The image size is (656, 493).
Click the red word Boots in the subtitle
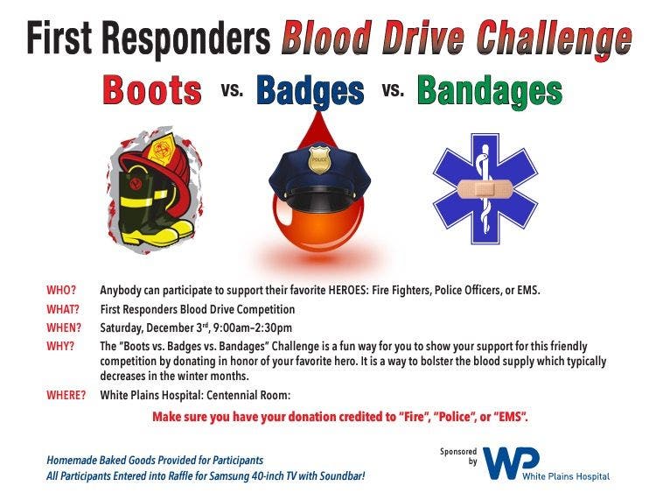152,90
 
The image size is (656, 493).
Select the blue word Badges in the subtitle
310,91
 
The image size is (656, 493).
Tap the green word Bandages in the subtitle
490,91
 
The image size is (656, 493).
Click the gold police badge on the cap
319,160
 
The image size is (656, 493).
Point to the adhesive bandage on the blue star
485,189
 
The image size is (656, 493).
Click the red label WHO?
61,290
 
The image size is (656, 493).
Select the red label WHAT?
63,309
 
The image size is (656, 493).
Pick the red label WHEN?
64,327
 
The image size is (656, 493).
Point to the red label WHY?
60,347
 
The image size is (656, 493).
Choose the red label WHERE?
66,395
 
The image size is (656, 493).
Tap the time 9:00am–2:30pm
253,327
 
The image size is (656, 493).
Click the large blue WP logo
511,462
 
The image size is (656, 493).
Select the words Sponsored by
458,456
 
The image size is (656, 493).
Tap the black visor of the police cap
319,201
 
